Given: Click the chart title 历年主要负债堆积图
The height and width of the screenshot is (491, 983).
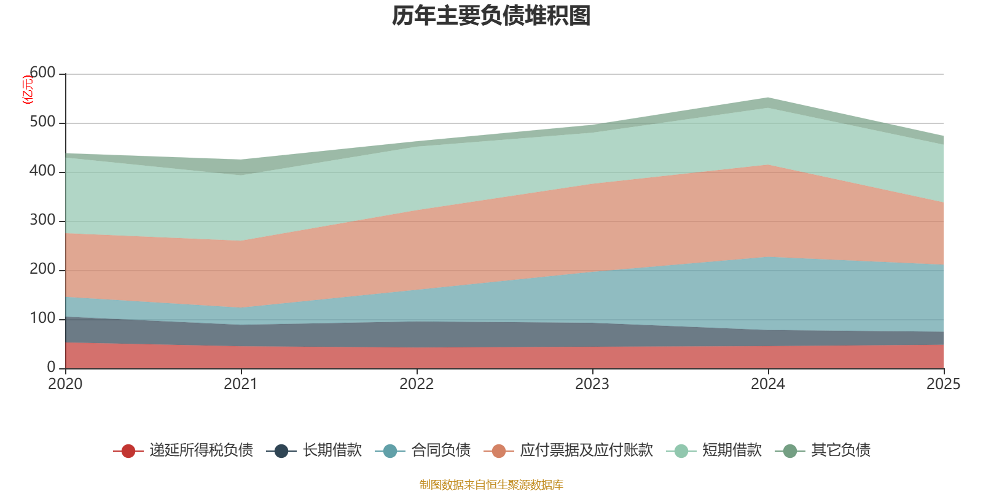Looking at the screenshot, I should tap(491, 16).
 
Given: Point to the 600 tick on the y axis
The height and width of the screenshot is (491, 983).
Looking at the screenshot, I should tap(42, 73).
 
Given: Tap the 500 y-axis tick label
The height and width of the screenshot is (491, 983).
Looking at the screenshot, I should tap(42, 122).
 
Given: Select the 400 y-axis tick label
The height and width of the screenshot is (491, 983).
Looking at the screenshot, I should tap(42, 171).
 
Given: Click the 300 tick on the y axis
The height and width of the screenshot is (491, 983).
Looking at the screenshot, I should tap(42, 220).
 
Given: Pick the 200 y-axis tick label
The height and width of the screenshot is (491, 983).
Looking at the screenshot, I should tap(42, 269).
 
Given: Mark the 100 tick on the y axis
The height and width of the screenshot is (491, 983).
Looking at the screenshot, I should tap(42, 319).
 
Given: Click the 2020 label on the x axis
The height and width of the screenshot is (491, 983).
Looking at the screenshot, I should tap(65, 384).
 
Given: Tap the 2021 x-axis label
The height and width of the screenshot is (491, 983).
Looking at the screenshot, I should tap(241, 384).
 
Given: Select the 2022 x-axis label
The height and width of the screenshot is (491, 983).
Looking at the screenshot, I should tap(417, 384).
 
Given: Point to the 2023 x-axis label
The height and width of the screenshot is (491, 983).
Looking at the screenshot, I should tap(592, 384).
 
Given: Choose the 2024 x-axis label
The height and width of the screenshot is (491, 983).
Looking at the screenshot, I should tap(768, 384).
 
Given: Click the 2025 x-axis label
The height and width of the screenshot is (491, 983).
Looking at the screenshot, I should tap(943, 384).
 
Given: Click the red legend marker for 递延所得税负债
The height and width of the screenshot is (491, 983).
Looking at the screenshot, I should tap(128, 451).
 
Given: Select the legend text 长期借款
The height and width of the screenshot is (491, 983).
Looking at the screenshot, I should tap(332, 450).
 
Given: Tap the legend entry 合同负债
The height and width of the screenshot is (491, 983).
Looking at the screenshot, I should tap(441, 450).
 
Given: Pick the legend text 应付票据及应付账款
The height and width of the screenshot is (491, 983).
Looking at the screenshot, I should tap(586, 450).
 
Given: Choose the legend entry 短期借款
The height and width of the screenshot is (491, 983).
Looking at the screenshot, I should tap(732, 450).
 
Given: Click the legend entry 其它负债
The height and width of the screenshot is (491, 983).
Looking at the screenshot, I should tap(840, 450).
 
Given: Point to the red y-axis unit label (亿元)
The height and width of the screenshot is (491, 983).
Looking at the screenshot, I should tap(28, 90).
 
